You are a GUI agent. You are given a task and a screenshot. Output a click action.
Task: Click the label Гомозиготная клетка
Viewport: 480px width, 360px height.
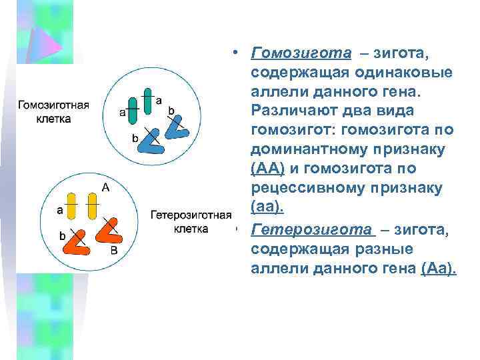click(53, 111)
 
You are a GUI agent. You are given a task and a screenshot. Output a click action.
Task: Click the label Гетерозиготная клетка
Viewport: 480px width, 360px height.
click(191, 221)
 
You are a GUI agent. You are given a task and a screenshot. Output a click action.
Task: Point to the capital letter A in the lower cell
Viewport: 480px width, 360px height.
click(106, 188)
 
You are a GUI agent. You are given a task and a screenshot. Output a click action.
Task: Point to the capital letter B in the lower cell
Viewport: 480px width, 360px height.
click(113, 251)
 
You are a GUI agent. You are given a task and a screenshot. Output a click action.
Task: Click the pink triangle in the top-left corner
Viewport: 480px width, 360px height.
click(47, 40)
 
